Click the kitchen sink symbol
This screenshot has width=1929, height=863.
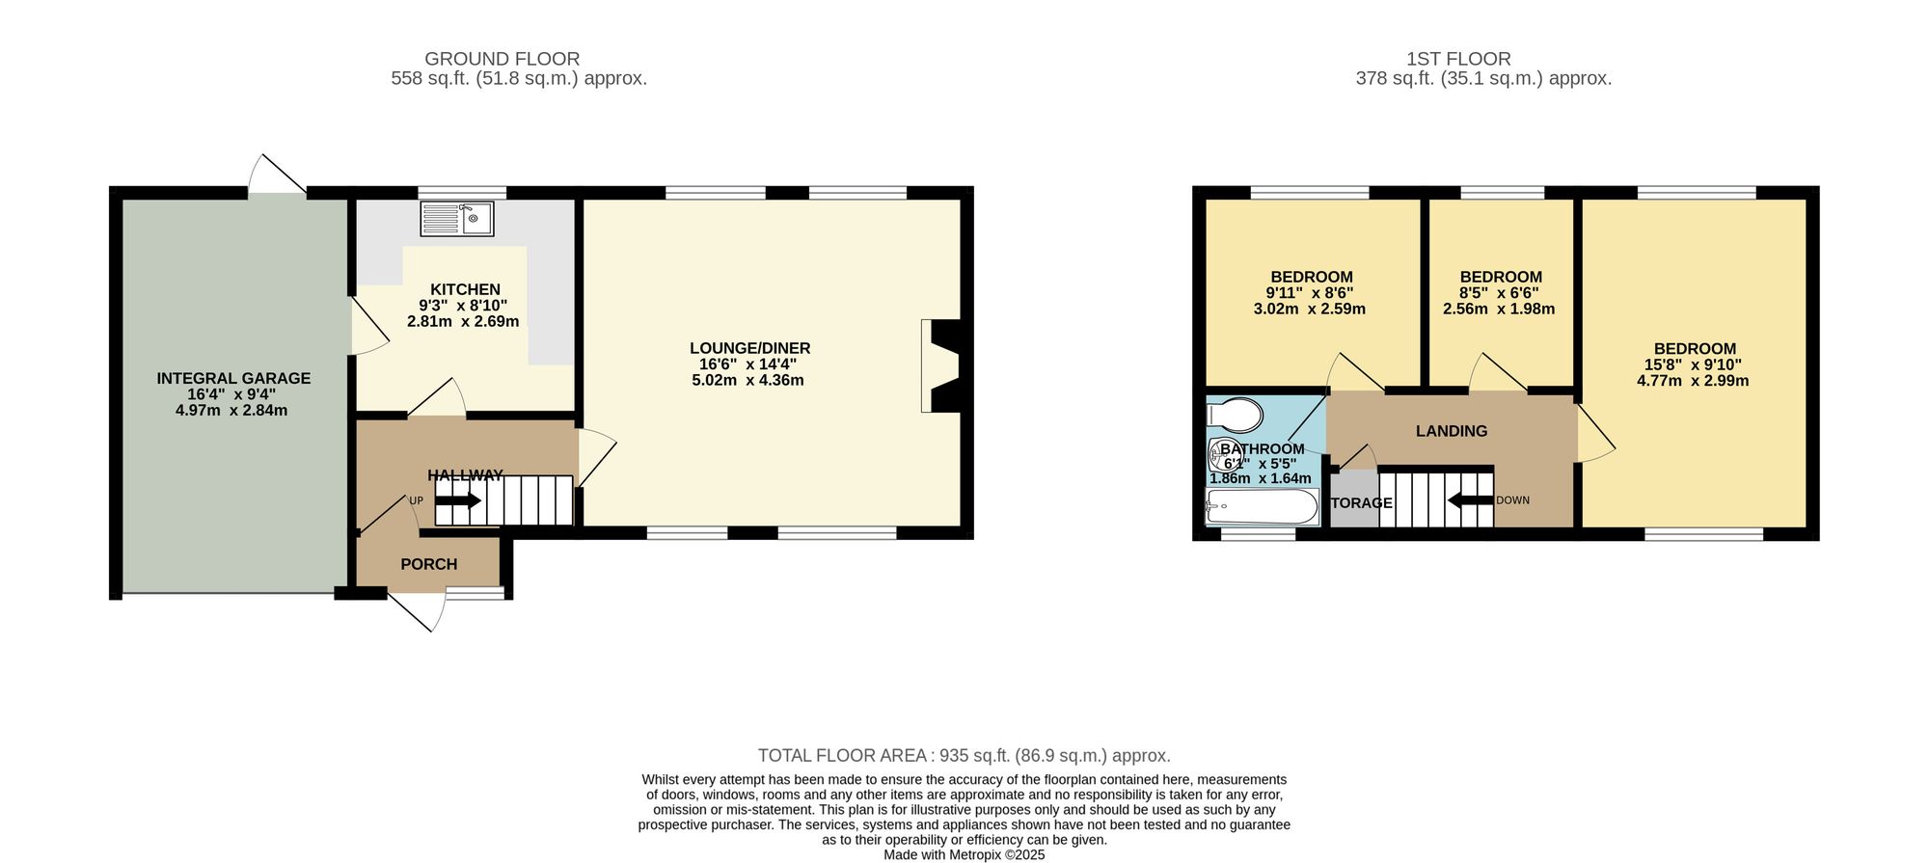[x=456, y=219]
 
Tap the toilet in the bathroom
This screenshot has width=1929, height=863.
[x=1235, y=416]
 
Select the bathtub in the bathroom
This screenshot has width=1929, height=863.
[x=1262, y=506]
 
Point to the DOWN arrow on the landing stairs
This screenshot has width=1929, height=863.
[x=1470, y=499]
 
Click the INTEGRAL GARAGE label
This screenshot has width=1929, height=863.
[x=233, y=378]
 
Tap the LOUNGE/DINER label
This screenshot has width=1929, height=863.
[x=749, y=348]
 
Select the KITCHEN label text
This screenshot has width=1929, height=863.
[x=465, y=289]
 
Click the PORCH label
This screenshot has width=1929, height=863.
[x=428, y=564]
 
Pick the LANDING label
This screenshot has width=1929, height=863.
[x=1451, y=431]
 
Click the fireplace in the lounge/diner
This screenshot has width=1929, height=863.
[x=940, y=366]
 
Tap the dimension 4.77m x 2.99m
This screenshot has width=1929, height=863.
[x=1692, y=381]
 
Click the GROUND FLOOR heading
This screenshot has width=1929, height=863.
[x=502, y=59]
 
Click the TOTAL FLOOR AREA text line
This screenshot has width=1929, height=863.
[x=964, y=756]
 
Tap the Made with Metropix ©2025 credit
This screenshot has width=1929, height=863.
[x=964, y=854]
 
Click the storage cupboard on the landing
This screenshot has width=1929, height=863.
[x=1354, y=499]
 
